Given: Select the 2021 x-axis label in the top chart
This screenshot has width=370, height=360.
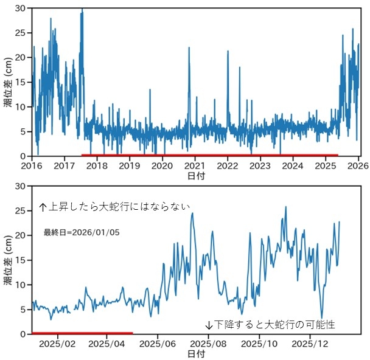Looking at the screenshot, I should [x=195, y=165].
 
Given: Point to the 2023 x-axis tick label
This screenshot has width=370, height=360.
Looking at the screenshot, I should [x=260, y=165].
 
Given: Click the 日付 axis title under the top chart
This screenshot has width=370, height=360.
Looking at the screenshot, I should [x=195, y=176].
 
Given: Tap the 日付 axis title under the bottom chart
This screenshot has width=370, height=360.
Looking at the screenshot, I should [x=195, y=353].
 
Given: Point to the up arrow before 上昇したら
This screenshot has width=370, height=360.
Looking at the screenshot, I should [x=43, y=207].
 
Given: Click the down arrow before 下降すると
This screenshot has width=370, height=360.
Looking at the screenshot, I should [x=209, y=325].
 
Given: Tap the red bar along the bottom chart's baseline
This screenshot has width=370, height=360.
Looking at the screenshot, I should [x=82, y=333].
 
